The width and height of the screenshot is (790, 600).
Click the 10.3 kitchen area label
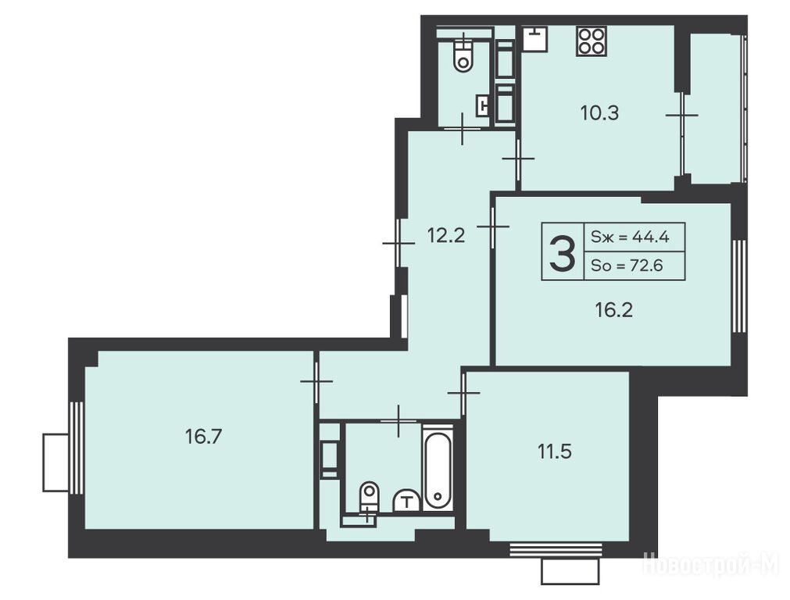click(x=599, y=113)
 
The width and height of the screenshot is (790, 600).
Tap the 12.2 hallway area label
click(x=446, y=235)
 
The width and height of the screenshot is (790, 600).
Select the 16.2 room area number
click(x=613, y=310)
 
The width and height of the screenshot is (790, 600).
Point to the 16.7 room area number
click(x=203, y=436)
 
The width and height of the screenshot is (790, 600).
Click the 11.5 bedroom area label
click(x=554, y=452)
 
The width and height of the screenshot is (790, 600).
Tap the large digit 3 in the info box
click(x=563, y=255)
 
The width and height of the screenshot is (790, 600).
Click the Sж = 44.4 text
click(x=630, y=236)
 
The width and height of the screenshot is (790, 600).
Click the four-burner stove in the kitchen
click(x=592, y=41)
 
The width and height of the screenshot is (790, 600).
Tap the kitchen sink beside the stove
click(x=535, y=39)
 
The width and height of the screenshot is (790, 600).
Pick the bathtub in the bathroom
click(x=438, y=472)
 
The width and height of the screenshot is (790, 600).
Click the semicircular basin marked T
click(x=406, y=501)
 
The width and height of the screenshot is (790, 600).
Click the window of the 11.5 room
click(x=556, y=549)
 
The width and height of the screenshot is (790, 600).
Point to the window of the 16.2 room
click(x=738, y=286)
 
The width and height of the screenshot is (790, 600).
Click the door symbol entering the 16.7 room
click(x=316, y=381)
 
